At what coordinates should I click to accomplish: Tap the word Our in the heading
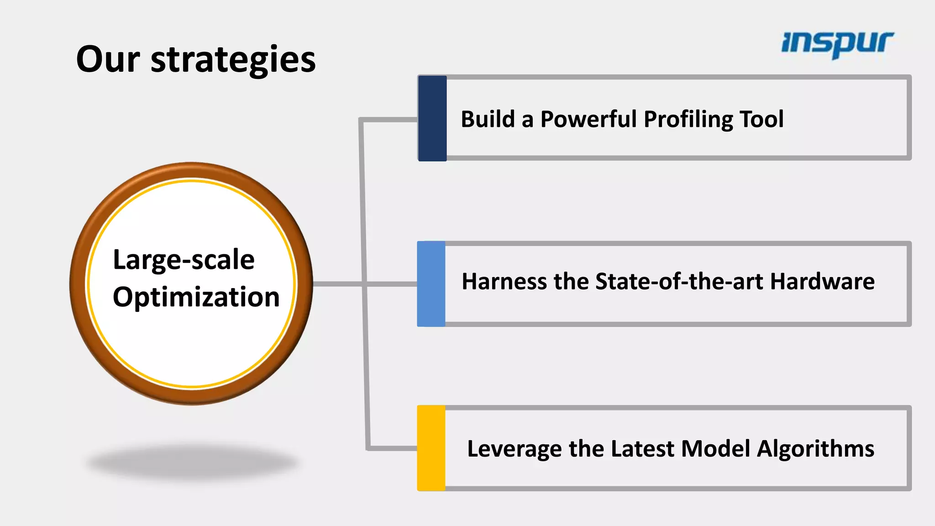[108, 60]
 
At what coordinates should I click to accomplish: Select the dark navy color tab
[432, 118]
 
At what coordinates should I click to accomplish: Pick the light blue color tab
[431, 284]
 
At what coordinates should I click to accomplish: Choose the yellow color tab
[431, 448]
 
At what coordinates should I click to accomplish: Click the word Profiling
[688, 120]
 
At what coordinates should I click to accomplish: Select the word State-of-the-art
[679, 281]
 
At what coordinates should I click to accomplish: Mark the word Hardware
[822, 281]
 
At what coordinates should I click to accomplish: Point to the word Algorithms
[815, 448]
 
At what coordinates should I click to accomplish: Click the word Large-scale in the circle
[184, 260]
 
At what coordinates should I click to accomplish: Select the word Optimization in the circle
[196, 297]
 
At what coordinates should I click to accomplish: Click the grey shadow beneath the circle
[193, 463]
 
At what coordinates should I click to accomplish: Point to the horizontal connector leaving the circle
[338, 284]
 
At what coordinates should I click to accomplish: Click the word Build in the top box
[488, 119]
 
